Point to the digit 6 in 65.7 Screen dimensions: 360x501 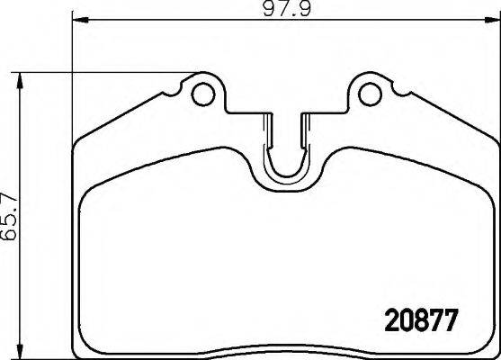click(x=10, y=237)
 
